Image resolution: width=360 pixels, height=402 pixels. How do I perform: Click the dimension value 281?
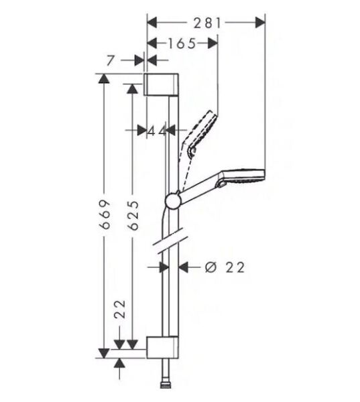click(x=208, y=23)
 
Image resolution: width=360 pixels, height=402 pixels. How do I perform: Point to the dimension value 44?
click(x=157, y=131)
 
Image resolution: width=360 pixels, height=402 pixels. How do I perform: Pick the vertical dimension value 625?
click(x=134, y=214)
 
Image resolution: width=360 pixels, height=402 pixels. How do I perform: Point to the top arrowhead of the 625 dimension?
click(x=133, y=87)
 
